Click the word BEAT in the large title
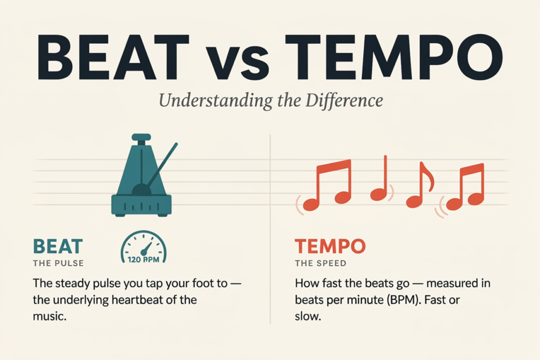113,57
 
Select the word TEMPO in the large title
393,57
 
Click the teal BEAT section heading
58,247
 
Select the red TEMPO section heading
330,247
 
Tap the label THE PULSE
58,264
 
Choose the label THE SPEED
321,264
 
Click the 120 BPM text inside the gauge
143,259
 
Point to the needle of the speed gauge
147,248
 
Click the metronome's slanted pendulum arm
162,164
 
